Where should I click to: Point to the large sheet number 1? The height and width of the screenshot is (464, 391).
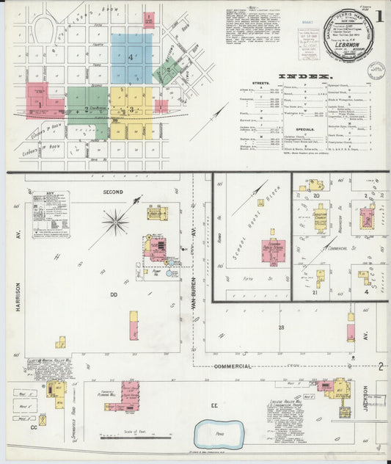click(x=380, y=15)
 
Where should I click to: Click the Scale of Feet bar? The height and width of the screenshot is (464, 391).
click(x=134, y=438)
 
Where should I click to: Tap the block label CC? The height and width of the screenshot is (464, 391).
click(x=34, y=425)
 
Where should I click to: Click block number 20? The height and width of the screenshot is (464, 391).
click(x=317, y=196)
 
